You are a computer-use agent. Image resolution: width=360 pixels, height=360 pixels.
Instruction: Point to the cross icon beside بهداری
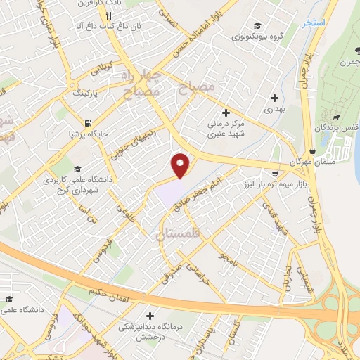274,98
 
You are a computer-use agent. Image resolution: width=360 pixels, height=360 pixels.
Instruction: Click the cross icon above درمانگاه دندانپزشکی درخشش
150,316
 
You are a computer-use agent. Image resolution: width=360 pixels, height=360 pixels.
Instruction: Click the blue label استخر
313,23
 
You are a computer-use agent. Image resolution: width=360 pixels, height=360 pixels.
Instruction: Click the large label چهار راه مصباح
143,82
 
